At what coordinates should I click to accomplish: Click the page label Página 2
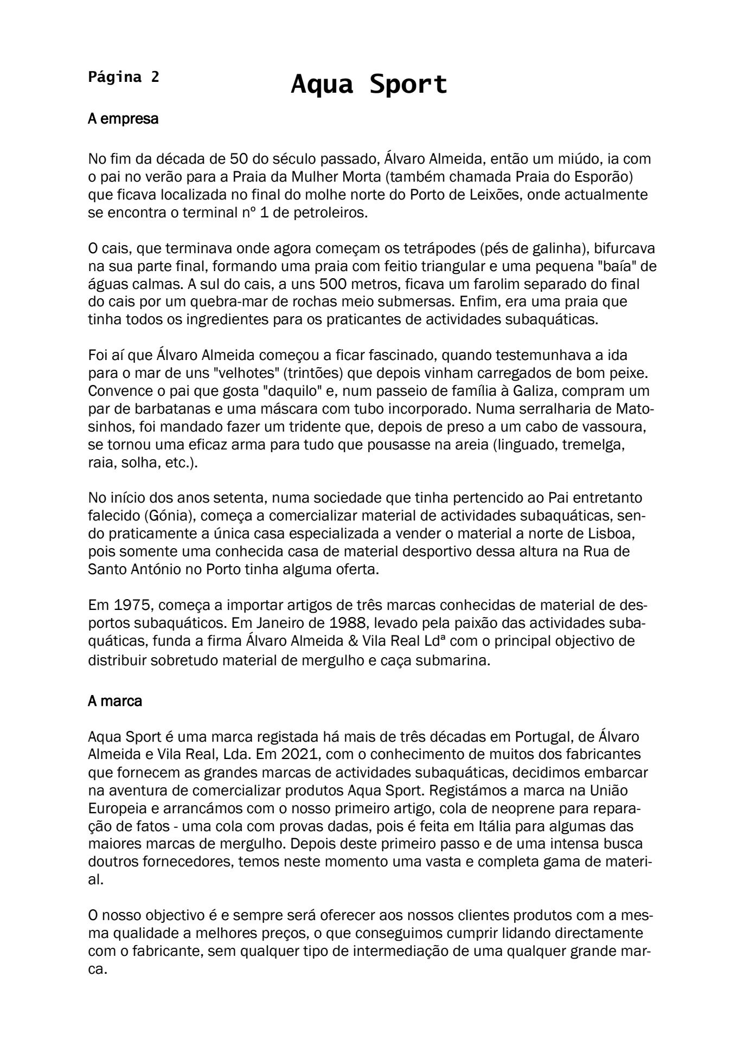(x=124, y=77)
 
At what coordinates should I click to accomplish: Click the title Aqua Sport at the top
(x=369, y=85)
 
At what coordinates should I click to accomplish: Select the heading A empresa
(x=123, y=119)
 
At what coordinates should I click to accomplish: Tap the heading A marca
(x=115, y=701)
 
